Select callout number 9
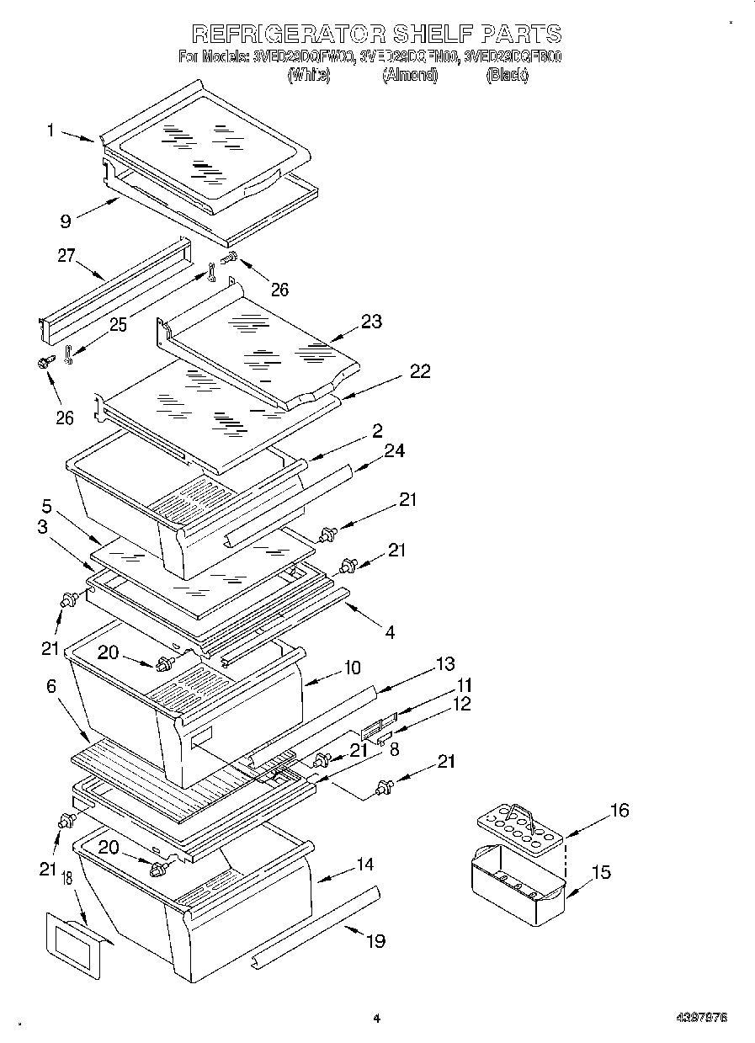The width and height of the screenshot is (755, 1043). tap(65, 222)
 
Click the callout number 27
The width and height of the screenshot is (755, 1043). tap(66, 256)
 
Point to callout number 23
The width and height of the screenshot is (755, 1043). tap(371, 321)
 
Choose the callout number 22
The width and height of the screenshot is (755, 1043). tap(419, 371)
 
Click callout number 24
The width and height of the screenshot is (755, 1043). tap(394, 451)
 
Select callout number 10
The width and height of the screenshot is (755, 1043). tap(351, 668)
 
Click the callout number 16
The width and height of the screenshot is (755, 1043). tap(619, 811)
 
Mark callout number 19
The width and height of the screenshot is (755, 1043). tap(375, 940)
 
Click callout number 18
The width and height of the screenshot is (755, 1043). tap(65, 880)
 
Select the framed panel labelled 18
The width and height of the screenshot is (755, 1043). tap(72, 945)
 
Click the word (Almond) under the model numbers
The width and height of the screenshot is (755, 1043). tap(410, 76)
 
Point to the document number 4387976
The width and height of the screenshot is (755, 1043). tap(701, 1018)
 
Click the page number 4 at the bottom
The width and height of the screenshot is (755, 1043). tap(376, 1019)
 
